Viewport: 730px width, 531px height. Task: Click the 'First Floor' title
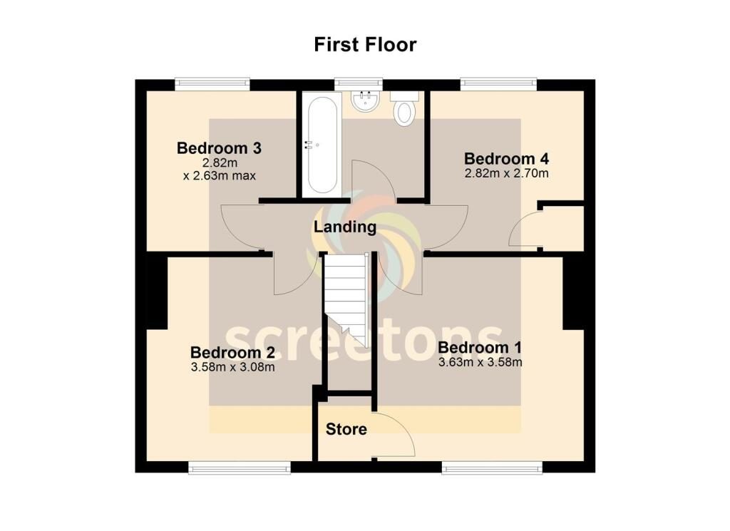pyautogui.click(x=365, y=45)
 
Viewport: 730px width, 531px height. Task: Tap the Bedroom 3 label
pyautogui.click(x=220, y=148)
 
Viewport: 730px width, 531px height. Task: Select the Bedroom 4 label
pyautogui.click(x=507, y=159)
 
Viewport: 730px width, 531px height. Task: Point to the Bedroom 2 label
pyautogui.click(x=233, y=352)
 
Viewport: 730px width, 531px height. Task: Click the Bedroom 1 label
pyautogui.click(x=480, y=347)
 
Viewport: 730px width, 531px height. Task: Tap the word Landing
pyautogui.click(x=345, y=227)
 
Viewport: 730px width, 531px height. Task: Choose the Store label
pyautogui.click(x=346, y=429)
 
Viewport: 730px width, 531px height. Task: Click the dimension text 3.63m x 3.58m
pyautogui.click(x=480, y=362)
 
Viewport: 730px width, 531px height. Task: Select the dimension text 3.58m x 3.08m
pyautogui.click(x=233, y=367)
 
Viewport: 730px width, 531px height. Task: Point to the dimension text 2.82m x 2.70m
pyautogui.click(x=507, y=174)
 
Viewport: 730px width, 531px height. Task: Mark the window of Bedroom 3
pyautogui.click(x=212, y=84)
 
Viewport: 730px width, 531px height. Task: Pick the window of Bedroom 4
pyautogui.click(x=498, y=84)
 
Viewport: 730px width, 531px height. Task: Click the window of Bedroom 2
pyautogui.click(x=240, y=468)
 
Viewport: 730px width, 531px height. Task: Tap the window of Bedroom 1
pyautogui.click(x=492, y=468)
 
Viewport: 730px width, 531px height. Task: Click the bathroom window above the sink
pyautogui.click(x=359, y=84)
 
